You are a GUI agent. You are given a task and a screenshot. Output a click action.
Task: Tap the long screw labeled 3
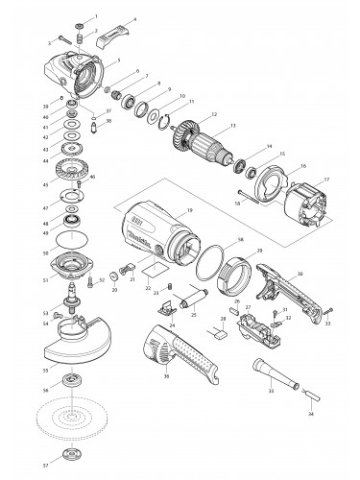[x=65, y=38]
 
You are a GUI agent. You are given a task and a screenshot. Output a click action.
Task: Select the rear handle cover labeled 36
[x=182, y=351]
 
